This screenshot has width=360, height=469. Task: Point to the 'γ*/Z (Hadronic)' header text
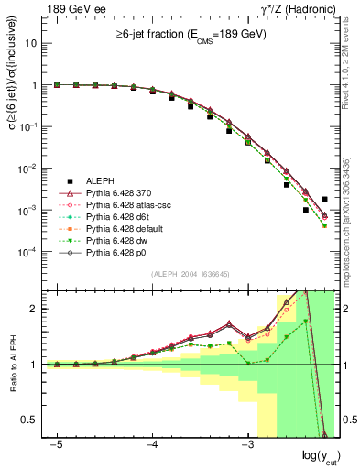tap(298, 8)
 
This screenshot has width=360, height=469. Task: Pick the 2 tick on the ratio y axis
tap(33, 309)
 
